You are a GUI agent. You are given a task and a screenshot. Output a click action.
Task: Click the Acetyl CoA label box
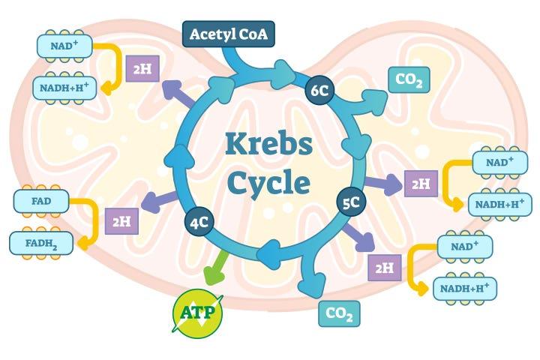[228, 34]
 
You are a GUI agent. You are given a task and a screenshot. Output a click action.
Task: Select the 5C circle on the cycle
[350, 202]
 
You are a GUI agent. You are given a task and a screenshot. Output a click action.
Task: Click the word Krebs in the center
[268, 143]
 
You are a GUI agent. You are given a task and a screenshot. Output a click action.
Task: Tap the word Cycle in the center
[268, 182]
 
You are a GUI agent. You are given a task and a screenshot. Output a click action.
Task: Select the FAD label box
[42, 201]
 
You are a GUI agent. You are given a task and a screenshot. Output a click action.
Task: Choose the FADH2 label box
[41, 242]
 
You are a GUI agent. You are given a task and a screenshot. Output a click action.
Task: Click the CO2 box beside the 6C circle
[409, 80]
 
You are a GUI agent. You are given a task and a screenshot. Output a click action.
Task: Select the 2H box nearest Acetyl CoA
[142, 69]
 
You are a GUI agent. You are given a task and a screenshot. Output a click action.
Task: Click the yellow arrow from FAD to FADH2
[91, 221]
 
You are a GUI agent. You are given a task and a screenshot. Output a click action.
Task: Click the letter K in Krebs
[235, 143]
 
